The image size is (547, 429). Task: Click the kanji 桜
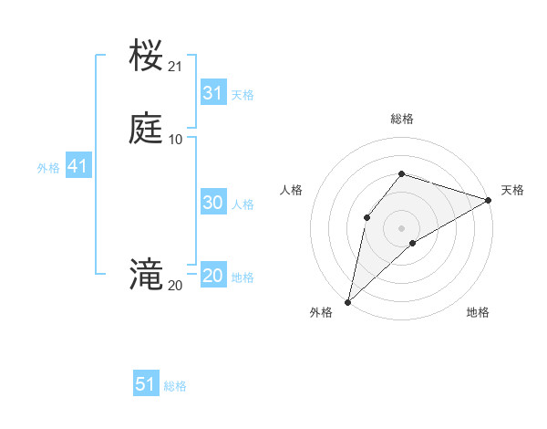click(x=147, y=57)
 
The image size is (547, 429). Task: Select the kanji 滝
click(x=147, y=275)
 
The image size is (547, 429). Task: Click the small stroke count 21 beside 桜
click(x=175, y=67)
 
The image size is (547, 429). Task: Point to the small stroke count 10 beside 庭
click(x=175, y=140)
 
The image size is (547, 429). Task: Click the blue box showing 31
click(x=213, y=93)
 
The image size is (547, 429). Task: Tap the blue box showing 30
click(x=213, y=203)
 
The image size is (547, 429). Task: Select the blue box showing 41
click(x=77, y=167)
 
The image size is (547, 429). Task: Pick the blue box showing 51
click(x=146, y=384)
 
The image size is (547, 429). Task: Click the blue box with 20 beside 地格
click(x=213, y=276)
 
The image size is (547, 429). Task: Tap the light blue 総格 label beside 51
click(x=175, y=386)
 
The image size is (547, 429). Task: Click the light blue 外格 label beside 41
click(x=48, y=168)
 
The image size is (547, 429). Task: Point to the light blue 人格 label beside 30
click(x=243, y=204)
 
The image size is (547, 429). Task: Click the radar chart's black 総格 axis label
click(x=402, y=119)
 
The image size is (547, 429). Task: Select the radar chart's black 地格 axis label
click(x=478, y=313)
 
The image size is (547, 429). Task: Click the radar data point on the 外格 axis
click(x=348, y=301)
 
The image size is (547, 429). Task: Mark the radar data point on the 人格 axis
click(x=366, y=217)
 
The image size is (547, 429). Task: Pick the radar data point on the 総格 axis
click(x=402, y=173)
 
